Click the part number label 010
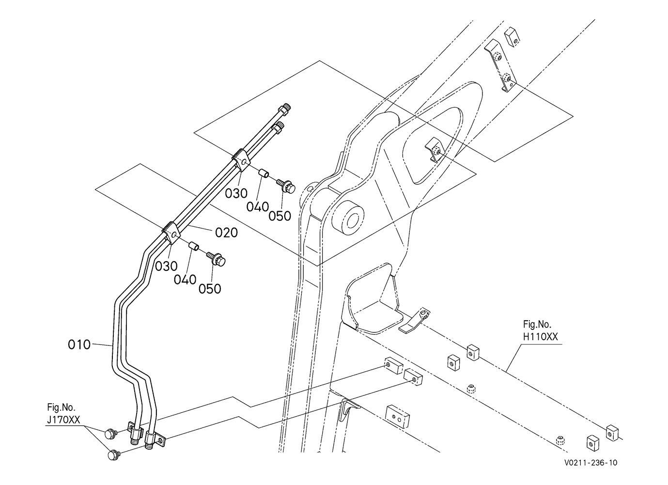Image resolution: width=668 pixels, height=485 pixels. [79, 344]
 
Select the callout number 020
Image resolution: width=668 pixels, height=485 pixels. [227, 233]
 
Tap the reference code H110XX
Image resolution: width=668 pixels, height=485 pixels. [541, 337]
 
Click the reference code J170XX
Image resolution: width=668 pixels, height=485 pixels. [63, 420]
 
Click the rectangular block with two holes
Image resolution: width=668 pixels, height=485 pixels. [398, 416]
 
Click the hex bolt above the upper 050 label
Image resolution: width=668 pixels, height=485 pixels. [286, 186]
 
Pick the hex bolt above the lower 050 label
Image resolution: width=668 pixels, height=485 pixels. [216, 259]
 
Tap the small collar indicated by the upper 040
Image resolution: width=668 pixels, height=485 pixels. [264, 173]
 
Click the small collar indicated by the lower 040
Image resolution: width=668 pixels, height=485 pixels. [194, 247]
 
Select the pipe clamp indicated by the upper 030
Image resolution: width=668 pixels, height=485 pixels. [241, 160]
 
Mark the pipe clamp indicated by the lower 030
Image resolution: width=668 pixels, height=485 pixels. [171, 234]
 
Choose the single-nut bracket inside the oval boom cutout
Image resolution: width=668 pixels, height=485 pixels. [435, 150]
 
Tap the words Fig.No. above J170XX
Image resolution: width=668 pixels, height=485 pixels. [61, 407]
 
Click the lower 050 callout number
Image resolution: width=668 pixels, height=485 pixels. [210, 289]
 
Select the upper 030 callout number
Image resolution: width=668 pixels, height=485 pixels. [236, 194]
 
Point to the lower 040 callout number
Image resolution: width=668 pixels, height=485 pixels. [185, 280]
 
